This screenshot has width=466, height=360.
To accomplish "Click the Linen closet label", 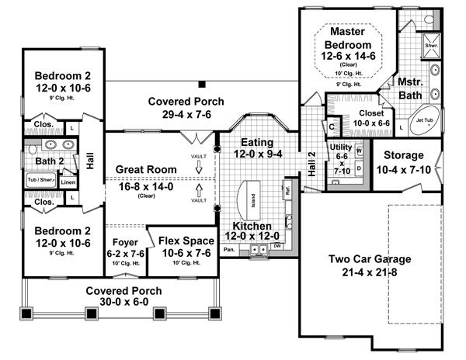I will coord(68,182).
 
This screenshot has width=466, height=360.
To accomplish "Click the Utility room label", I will coord(341,147).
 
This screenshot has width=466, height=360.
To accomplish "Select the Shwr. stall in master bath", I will coord(430,47).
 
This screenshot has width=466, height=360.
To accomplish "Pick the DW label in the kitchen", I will coord(277,247).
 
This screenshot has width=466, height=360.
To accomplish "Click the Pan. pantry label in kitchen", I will coord(229,251).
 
